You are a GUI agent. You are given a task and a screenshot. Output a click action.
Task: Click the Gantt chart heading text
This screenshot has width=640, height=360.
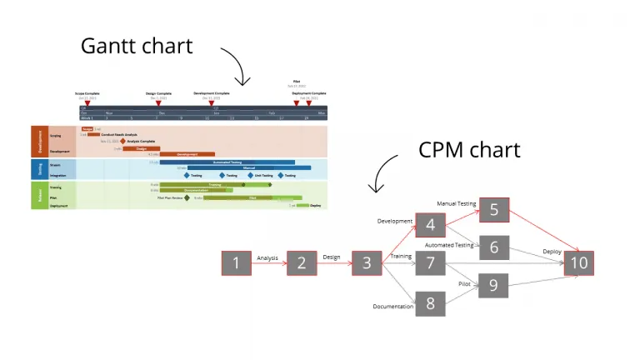137,45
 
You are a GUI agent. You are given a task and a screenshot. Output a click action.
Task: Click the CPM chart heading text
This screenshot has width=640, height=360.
469,149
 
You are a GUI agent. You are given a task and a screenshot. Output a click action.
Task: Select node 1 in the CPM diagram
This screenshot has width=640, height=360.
236,263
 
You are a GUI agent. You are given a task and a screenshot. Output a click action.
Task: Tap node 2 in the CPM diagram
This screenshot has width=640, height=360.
302,263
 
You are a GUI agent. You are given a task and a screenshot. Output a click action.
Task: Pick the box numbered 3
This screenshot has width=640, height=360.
367,263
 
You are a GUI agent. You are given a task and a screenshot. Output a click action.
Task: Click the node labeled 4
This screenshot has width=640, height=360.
430,225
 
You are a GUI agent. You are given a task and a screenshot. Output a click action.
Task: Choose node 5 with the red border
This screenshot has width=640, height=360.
493,209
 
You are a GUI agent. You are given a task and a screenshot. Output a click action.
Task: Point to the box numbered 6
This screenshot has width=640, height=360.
493,247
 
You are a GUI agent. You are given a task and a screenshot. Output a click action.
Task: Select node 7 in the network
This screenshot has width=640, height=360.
430,263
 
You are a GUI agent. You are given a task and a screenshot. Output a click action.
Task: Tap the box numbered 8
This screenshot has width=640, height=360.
430,302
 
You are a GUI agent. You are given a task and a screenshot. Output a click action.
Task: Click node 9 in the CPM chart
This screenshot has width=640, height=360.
493,285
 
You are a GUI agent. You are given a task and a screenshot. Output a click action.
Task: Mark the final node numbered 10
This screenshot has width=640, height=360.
578,263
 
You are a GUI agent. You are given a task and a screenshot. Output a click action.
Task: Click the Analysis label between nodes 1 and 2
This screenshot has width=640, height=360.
267,258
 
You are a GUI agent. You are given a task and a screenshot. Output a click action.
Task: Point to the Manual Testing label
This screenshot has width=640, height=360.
456,203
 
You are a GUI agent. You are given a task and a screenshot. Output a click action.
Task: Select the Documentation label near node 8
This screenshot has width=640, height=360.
393,307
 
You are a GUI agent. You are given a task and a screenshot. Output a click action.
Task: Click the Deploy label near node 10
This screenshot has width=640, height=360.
552,251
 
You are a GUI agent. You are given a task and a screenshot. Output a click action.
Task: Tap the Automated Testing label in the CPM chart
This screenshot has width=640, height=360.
449,245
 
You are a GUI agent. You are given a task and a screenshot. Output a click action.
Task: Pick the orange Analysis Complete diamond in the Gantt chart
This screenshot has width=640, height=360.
123,142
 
